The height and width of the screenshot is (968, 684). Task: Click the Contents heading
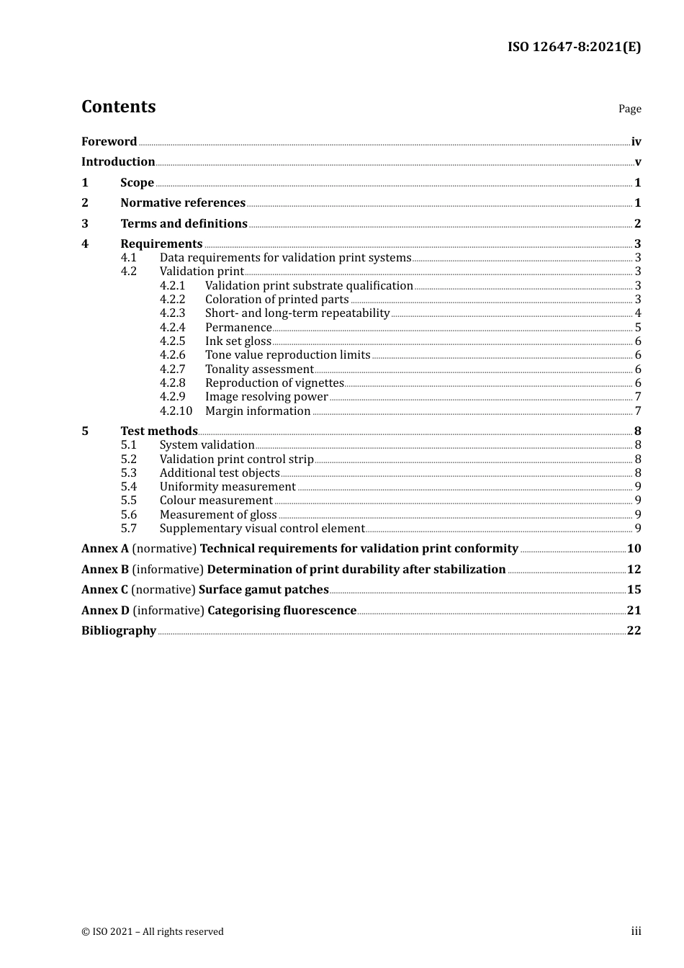click(x=118, y=107)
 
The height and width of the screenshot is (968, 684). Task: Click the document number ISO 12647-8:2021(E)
click(x=574, y=47)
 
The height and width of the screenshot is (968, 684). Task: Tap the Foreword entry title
click(x=109, y=141)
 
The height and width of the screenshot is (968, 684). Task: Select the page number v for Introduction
click(x=637, y=162)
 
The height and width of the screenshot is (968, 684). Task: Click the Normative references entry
click(x=183, y=203)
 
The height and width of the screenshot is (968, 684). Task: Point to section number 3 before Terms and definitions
click(x=85, y=223)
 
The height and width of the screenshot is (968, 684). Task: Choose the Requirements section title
click(x=161, y=244)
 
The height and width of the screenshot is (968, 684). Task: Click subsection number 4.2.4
click(x=172, y=328)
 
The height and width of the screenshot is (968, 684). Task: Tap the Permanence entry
click(x=238, y=328)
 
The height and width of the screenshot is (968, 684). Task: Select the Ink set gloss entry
click(x=238, y=341)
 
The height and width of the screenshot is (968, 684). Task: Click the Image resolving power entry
click(x=266, y=397)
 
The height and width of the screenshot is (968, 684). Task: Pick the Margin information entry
click(x=258, y=411)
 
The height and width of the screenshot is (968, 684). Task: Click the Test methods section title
click(x=159, y=431)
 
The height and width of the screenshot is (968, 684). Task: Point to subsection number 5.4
click(x=128, y=487)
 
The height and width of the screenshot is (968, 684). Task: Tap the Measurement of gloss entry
click(x=218, y=515)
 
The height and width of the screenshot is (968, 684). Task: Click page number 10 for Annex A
click(x=634, y=549)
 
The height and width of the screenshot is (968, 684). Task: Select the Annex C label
click(x=104, y=590)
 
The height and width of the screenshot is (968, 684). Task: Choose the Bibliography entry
click(x=119, y=631)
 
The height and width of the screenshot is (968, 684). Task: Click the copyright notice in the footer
click(x=153, y=931)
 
